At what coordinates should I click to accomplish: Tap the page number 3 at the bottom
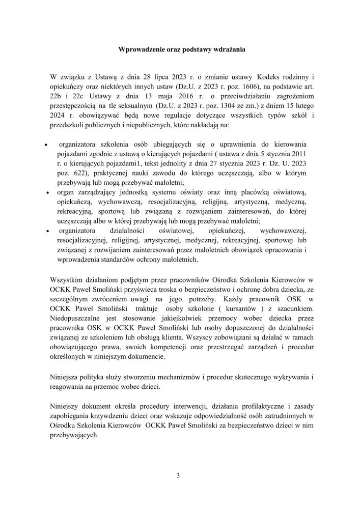178,476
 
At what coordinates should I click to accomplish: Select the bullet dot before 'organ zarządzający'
47,194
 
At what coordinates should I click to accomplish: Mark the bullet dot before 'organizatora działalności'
47,231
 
